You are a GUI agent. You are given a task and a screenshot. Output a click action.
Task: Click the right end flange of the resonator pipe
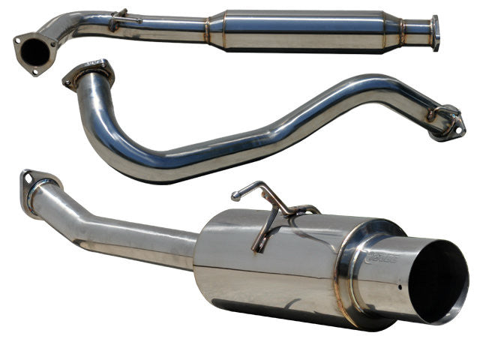pos(435,32)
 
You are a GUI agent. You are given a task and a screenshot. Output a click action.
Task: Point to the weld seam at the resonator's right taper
pos(400,31)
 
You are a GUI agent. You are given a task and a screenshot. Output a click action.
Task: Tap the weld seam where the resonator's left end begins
pos(208,28)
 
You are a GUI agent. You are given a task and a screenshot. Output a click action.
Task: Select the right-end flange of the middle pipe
pos(447,121)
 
